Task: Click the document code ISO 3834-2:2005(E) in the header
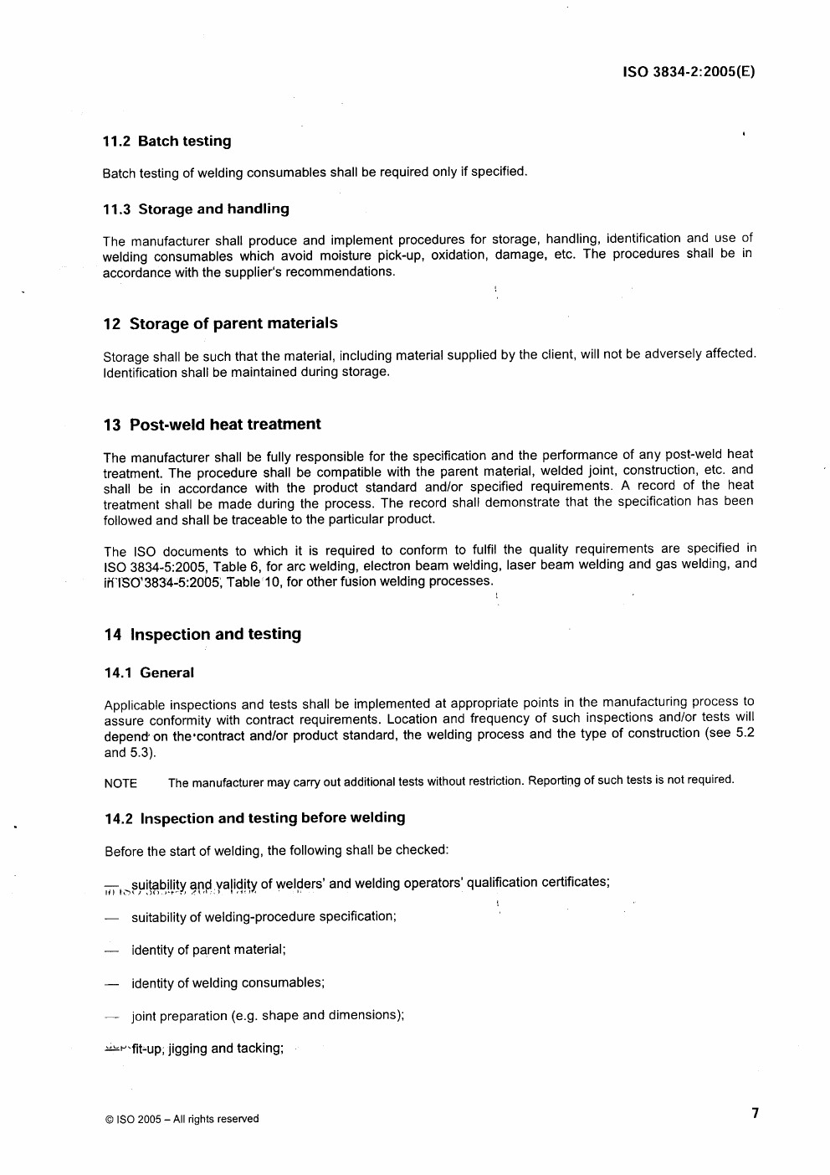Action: click(x=689, y=71)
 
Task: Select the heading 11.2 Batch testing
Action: click(x=167, y=142)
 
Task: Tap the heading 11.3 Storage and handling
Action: click(x=196, y=209)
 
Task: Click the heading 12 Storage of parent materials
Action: click(x=220, y=323)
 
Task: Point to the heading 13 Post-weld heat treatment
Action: click(x=212, y=425)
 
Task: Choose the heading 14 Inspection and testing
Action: click(x=202, y=634)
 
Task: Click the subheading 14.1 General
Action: click(x=149, y=673)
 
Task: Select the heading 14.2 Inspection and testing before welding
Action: click(x=254, y=817)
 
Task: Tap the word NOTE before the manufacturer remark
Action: click(x=120, y=784)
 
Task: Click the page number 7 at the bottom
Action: click(x=755, y=1113)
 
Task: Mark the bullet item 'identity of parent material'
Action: click(x=208, y=950)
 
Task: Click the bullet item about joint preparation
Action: click(x=268, y=1016)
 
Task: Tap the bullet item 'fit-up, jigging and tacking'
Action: click(x=207, y=1049)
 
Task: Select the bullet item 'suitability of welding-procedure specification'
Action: click(x=264, y=916)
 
